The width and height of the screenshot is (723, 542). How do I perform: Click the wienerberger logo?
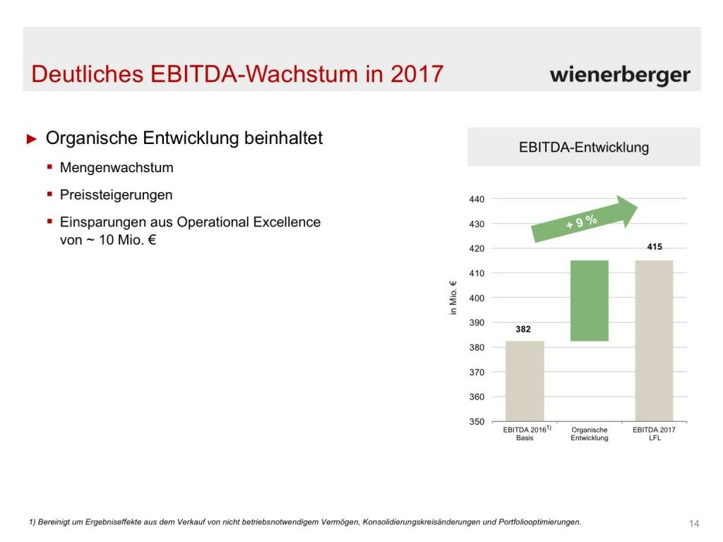pos(620,75)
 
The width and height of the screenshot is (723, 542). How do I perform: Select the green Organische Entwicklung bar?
pos(589,301)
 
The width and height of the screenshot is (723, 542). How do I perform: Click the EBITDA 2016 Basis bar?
pos(525,381)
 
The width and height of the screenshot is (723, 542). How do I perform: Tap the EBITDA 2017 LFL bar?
pos(654,341)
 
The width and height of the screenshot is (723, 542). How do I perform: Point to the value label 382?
pos(523,329)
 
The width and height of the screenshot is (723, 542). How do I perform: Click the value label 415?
pos(655,248)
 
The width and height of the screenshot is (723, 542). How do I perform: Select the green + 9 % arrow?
pos(585,221)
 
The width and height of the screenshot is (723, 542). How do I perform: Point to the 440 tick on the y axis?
pos(477,199)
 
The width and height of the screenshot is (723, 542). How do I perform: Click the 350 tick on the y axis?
pos(477,421)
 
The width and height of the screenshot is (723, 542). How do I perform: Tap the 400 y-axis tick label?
pos(477,298)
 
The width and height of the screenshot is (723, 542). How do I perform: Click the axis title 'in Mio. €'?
pos(453,298)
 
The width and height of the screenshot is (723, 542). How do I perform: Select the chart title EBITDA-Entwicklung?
pos(583,148)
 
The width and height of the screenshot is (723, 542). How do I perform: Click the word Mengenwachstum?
pos(116,168)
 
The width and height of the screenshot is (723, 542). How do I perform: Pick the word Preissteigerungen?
pos(116,195)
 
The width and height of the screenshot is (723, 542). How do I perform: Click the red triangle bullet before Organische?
pos(31,139)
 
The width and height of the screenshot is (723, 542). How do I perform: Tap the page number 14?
pos(693,523)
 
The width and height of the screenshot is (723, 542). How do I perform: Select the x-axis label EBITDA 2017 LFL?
pos(654,433)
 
